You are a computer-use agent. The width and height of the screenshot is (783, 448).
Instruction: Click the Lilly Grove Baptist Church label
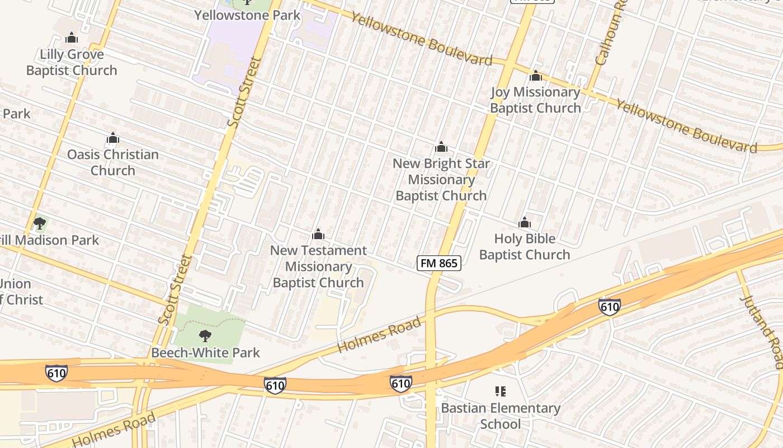point(72,62)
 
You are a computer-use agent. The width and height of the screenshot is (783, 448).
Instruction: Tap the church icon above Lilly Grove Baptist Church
point(72,38)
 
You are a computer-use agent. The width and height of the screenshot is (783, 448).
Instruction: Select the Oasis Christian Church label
point(113,162)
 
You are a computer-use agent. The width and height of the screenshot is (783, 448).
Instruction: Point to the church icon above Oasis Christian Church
point(113,138)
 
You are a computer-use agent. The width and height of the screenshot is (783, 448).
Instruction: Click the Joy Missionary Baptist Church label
point(535,100)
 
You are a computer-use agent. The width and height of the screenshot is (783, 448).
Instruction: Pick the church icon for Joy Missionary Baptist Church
point(536,76)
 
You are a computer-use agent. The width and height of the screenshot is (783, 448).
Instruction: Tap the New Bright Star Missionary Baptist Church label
point(441,179)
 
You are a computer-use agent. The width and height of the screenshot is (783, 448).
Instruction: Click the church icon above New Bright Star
point(441,147)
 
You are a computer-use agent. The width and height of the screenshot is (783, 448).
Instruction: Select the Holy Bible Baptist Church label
point(524,246)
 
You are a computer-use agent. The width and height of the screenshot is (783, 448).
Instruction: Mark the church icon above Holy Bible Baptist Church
point(524,223)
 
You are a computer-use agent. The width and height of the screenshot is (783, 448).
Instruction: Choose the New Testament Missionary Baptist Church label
point(318,266)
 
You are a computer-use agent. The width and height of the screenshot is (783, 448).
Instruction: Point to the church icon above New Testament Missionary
point(318,234)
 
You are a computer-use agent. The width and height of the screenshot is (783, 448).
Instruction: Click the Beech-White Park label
point(205,353)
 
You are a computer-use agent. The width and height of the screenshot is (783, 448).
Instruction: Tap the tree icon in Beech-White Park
point(205,336)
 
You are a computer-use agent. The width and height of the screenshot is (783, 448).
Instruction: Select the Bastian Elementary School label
point(501,416)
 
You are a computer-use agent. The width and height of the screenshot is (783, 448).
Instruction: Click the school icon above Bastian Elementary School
point(501,391)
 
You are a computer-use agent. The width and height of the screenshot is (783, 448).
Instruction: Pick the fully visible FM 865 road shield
point(439,263)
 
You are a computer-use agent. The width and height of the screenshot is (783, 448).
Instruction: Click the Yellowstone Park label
point(247,15)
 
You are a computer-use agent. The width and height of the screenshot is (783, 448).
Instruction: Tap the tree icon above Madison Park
point(39,225)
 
